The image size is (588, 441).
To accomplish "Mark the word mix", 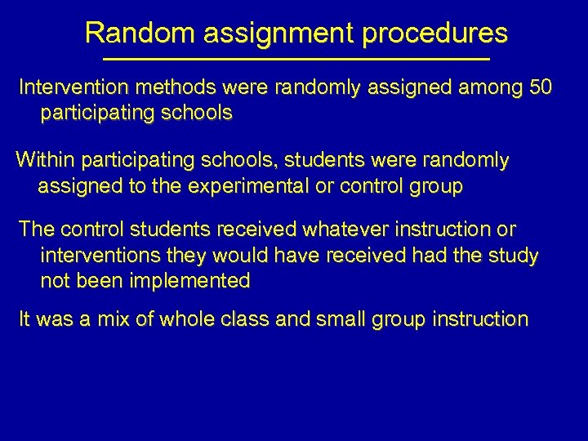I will click(x=117, y=319).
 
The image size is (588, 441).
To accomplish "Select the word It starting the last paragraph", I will click(x=25, y=319).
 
